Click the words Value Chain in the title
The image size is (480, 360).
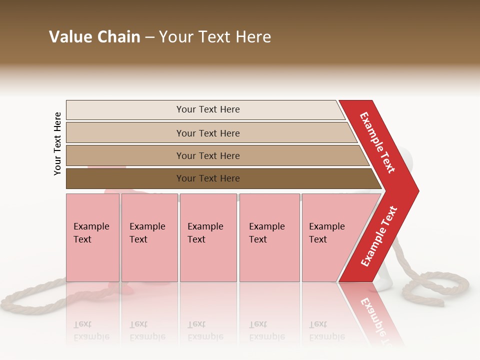pyautogui.click(x=94, y=37)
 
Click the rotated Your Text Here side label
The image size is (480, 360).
pyautogui.click(x=57, y=143)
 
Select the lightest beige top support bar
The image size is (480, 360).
pyautogui.click(x=125, y=110)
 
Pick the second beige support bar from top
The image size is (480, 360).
pyautogui.click(x=125, y=133)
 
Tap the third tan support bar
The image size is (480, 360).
pyautogui.click(x=125, y=155)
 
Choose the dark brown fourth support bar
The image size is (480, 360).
pyautogui.click(x=125, y=178)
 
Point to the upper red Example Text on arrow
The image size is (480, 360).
pyautogui.click(x=378, y=143)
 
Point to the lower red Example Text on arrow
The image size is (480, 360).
pyautogui.click(x=379, y=236)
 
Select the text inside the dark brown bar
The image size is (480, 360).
pyautogui.click(x=208, y=178)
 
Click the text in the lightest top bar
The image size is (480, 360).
pyautogui.click(x=208, y=109)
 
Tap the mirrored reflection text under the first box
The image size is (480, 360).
pyautogui.click(x=91, y=330)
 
